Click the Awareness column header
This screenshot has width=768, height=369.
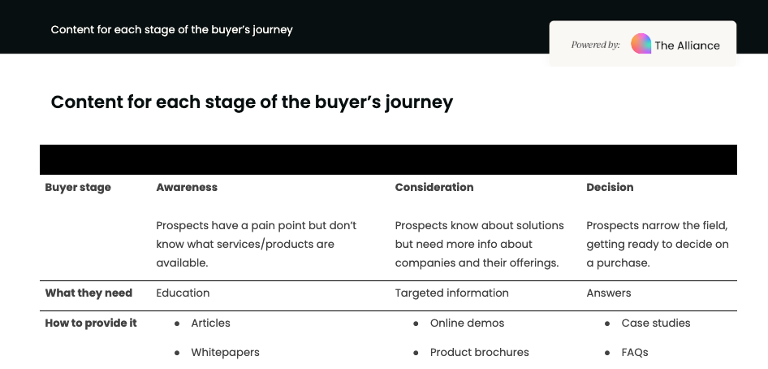coord(187,187)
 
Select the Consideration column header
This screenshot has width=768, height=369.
coord(434,187)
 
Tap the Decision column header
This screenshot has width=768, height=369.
coord(610,187)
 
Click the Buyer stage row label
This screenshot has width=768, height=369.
coord(78,187)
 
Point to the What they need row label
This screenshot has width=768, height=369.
coord(88,293)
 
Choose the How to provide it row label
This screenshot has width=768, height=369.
coord(91,323)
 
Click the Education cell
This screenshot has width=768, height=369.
coord(183,293)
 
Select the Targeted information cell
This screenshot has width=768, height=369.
coord(451,293)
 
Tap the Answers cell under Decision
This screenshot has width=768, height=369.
coord(608,293)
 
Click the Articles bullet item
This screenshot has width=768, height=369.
coord(210,323)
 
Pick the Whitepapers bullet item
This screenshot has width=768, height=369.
coord(225,353)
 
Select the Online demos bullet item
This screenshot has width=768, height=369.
coord(467,323)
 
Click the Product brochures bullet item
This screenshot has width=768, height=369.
coord(479,353)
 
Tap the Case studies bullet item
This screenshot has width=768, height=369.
coord(655,323)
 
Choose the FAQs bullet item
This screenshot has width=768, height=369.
coord(634,353)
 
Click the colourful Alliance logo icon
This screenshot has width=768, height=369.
coord(641,44)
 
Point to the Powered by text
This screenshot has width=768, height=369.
coord(595,45)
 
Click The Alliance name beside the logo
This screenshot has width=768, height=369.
coord(687,46)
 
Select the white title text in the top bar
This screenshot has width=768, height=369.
coord(171,29)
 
